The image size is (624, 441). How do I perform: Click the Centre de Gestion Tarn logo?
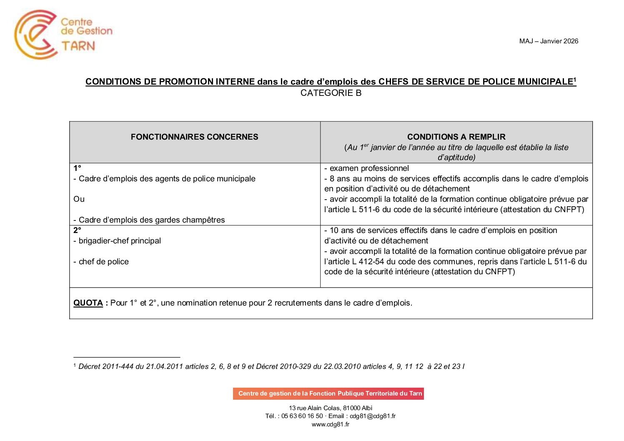(x=63, y=34)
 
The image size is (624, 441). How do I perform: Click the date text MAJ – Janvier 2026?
(x=549, y=41)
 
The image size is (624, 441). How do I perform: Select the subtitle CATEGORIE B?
(x=331, y=93)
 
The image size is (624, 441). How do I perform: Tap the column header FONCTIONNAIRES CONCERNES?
(x=194, y=137)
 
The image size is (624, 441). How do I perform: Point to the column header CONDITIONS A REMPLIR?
(x=456, y=137)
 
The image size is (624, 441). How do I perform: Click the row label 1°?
(x=77, y=168)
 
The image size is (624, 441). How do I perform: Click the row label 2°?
(x=77, y=231)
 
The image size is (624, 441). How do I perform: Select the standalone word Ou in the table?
(x=79, y=199)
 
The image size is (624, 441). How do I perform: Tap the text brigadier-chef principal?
(x=120, y=241)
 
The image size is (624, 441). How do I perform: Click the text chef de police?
(x=103, y=262)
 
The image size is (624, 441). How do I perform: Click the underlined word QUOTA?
(x=88, y=303)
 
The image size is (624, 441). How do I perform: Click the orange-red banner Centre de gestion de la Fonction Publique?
(x=328, y=393)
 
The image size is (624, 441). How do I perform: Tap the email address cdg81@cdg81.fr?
(x=373, y=416)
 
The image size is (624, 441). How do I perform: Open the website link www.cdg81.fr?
(x=331, y=424)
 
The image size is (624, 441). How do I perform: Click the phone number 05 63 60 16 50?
(x=302, y=416)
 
